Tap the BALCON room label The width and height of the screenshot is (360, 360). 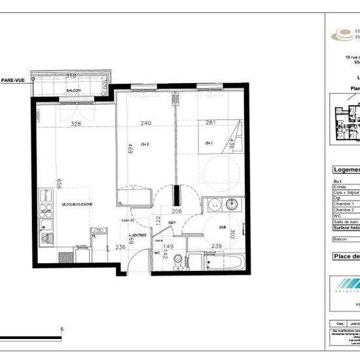[x=73, y=91]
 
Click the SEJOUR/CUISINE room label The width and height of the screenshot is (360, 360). [x=77, y=204]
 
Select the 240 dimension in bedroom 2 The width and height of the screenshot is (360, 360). [x=145, y=122]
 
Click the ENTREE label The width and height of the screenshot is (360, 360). [x=139, y=236]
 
